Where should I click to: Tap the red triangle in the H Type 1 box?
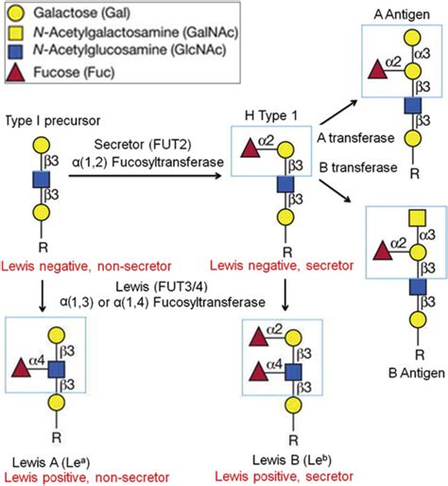(x=250, y=148)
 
